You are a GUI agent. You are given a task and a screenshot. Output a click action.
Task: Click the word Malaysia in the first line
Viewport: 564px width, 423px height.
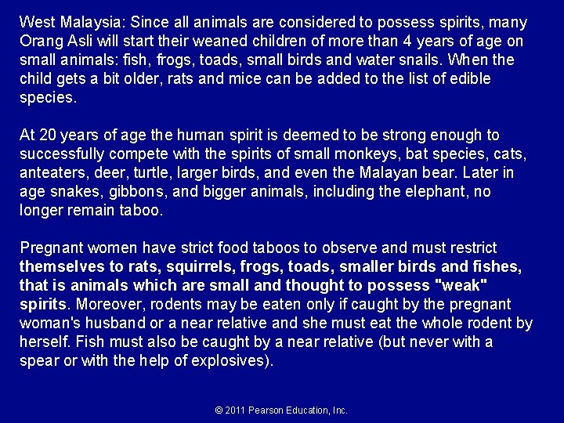(x=85, y=23)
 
